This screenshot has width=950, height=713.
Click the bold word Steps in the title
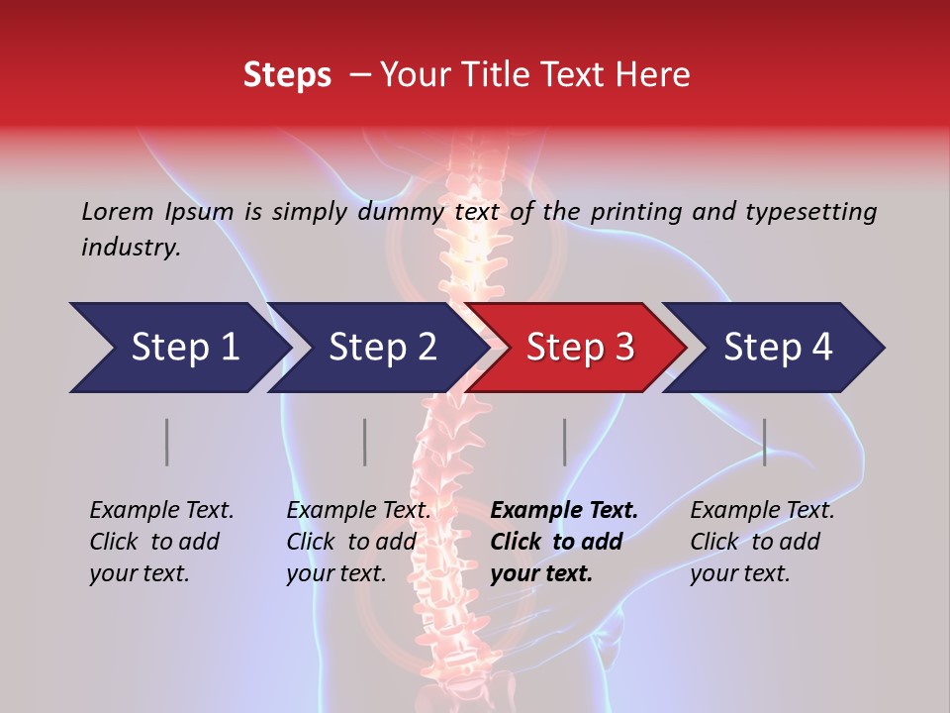pyautogui.click(x=287, y=75)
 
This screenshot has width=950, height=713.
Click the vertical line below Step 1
pyautogui.click(x=167, y=442)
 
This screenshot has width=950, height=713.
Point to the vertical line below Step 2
pyautogui.click(x=365, y=442)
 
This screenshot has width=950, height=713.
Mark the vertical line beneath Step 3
pyautogui.click(x=565, y=442)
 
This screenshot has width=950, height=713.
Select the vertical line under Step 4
pyautogui.click(x=765, y=442)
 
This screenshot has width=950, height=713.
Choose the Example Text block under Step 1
pyautogui.click(x=161, y=542)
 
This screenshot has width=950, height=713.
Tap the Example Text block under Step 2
pyautogui.click(x=358, y=542)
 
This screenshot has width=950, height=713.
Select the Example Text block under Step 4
pyautogui.click(x=762, y=542)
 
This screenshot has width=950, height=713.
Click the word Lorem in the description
pyautogui.click(x=117, y=211)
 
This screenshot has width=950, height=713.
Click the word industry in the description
pyautogui.click(x=131, y=248)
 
